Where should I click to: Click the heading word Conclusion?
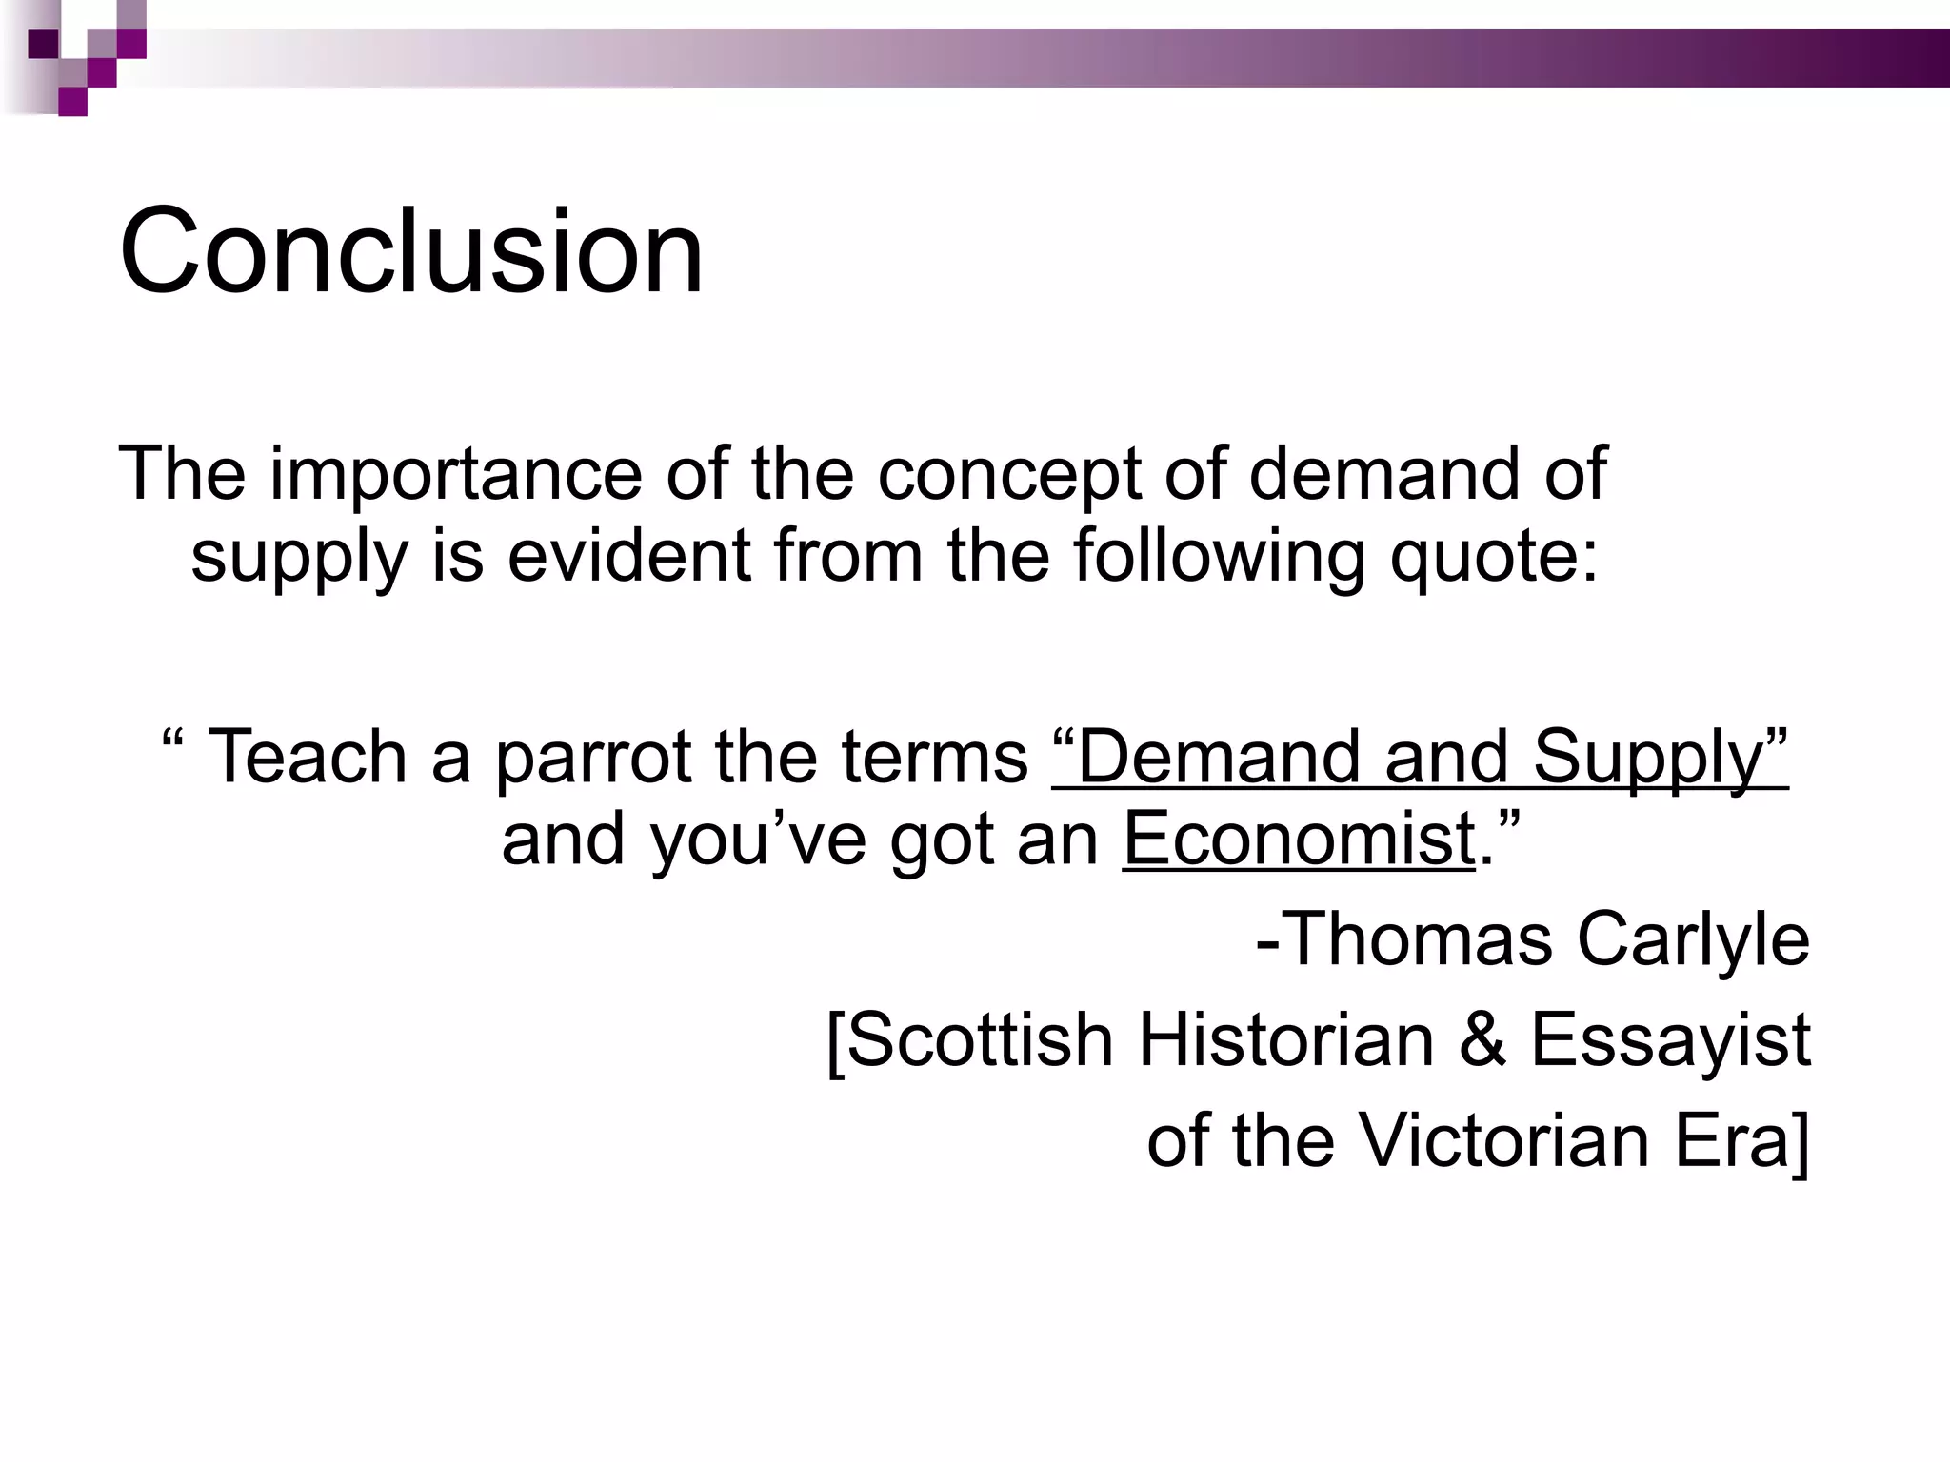411,252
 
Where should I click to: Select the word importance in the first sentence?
456,473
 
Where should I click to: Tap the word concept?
1008,475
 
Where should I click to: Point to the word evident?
629,555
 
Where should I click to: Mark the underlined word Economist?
1299,839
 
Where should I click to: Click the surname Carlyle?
1693,940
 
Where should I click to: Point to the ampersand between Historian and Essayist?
1482,1039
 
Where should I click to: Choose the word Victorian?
1503,1139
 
